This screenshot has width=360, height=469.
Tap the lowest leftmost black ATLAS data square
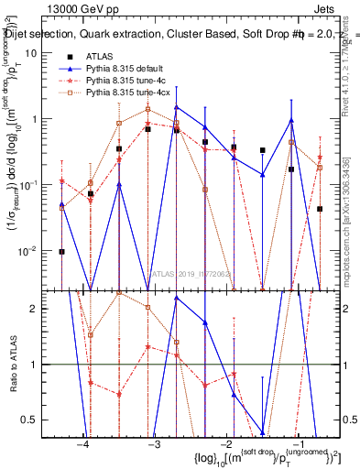pos(61,251)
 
